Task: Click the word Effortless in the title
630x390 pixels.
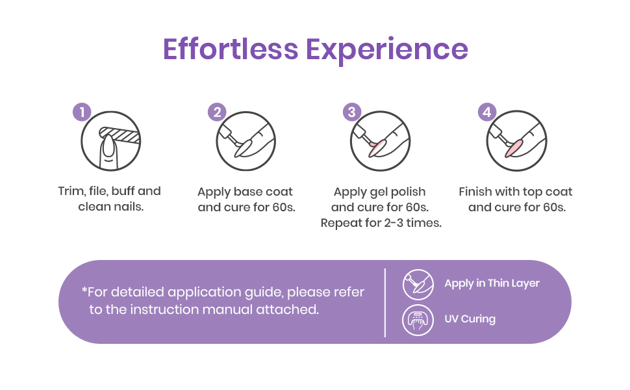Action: tap(230, 49)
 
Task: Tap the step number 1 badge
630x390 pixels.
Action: tap(82, 112)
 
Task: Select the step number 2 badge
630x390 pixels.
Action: tap(217, 112)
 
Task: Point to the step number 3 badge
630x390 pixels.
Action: tap(352, 112)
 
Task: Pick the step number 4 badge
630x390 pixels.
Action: tap(487, 112)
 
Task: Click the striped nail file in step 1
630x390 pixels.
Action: tap(120, 135)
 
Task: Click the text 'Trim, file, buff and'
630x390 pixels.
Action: tap(109, 191)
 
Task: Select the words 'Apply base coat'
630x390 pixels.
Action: tap(245, 192)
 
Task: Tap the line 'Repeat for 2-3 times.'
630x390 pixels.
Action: tap(381, 223)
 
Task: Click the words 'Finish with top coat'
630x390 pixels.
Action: tap(516, 192)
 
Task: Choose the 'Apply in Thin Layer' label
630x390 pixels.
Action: tap(492, 283)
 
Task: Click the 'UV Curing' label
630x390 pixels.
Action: tap(470, 319)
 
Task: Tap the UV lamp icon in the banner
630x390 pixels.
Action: tap(418, 320)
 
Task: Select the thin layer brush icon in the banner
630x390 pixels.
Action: tap(418, 285)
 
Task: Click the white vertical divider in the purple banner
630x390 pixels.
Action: tap(385, 303)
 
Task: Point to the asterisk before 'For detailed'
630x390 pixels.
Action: tap(84, 289)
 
